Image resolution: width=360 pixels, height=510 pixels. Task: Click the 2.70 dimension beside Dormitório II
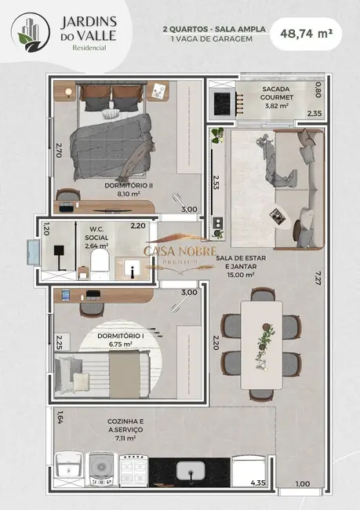pos(59,149)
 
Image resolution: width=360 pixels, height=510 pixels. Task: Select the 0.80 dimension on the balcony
pos(318,89)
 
